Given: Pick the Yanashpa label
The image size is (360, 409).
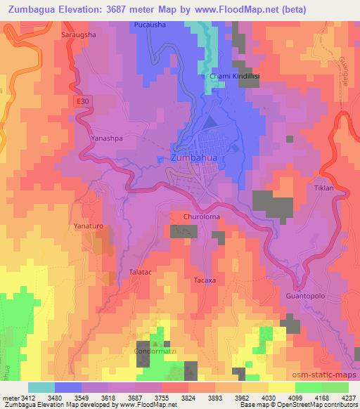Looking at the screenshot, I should [x=107, y=138].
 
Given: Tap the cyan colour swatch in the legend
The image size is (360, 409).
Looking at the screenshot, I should [x=41, y=387].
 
